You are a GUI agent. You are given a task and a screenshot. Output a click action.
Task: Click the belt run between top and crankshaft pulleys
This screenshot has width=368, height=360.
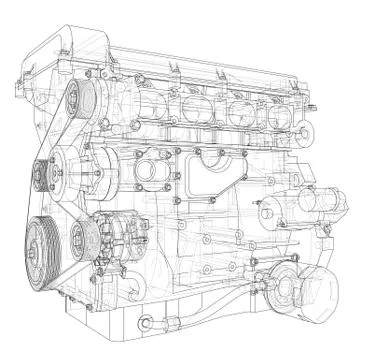pyautogui.click(x=52, y=160)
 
